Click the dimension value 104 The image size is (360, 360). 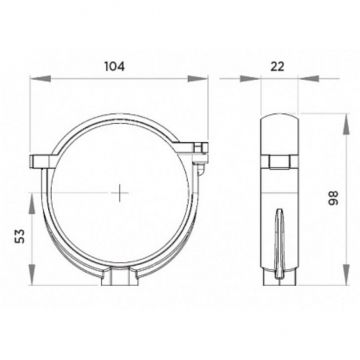115,66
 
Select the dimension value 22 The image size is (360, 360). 277,66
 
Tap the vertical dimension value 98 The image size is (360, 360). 334,198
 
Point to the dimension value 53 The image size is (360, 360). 20,236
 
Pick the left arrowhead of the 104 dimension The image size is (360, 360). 40,79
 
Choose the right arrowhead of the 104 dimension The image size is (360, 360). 198,79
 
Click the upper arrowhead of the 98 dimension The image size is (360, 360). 346,124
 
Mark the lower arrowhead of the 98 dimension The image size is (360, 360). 346,275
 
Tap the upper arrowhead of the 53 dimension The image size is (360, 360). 32,203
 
